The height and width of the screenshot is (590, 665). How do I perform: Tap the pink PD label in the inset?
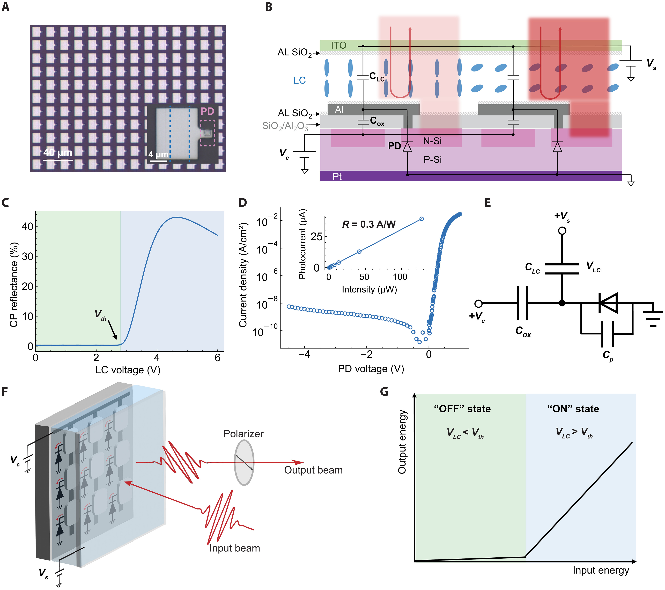coord(207,111)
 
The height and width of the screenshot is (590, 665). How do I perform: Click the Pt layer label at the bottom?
coord(337,176)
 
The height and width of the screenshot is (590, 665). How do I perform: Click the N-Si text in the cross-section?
coord(432,141)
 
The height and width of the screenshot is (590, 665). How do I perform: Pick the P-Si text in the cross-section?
coord(432,159)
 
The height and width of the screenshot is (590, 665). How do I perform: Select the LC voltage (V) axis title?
coord(128,370)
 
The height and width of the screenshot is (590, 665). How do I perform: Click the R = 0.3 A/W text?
coord(369,224)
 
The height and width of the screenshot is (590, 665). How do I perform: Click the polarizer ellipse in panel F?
coord(244,462)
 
